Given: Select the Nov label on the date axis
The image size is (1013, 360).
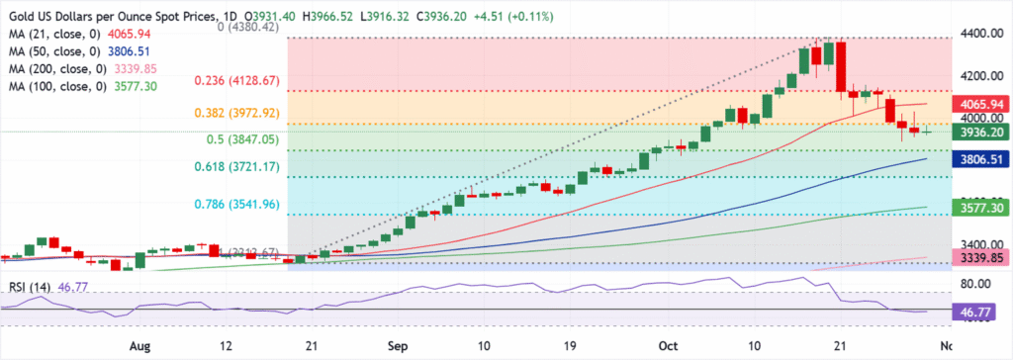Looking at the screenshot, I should pos(947,348).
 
